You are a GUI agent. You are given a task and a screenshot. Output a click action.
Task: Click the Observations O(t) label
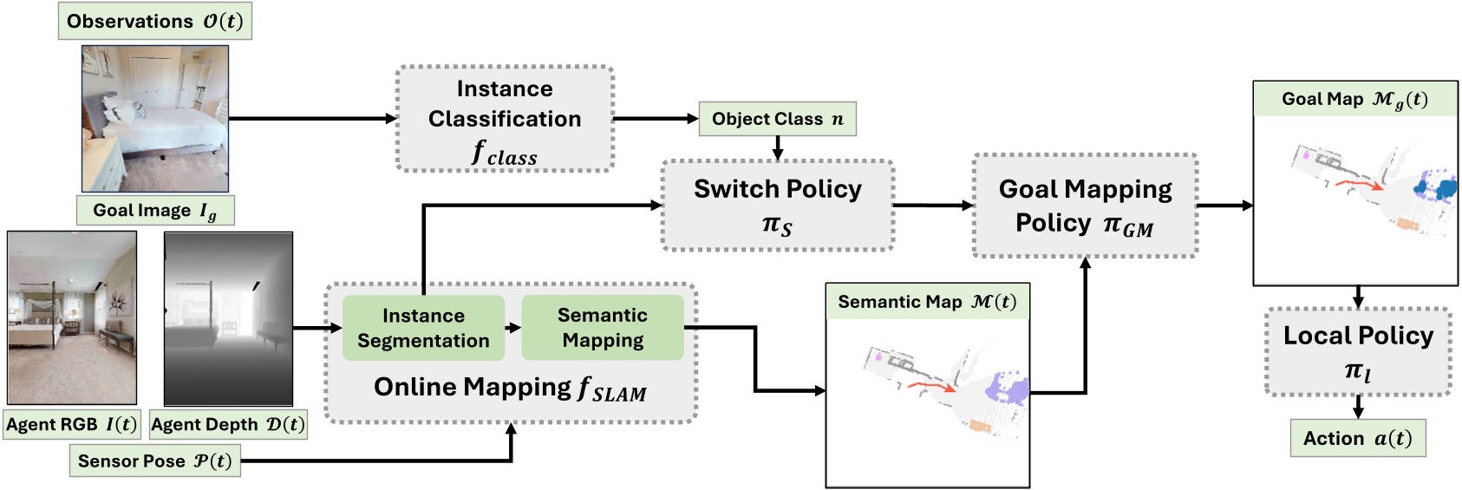click(x=155, y=22)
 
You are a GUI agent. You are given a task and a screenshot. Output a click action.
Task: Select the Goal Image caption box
click(x=155, y=211)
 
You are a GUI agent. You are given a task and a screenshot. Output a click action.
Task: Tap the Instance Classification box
click(x=505, y=120)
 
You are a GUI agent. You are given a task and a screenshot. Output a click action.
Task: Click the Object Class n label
click(x=777, y=119)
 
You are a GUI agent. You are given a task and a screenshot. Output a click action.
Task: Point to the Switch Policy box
click(x=777, y=206)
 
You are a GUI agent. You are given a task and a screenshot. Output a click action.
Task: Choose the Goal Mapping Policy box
click(x=1085, y=206)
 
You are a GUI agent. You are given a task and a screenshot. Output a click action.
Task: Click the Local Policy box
click(x=1358, y=351)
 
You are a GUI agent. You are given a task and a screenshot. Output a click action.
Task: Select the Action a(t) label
click(x=1358, y=439)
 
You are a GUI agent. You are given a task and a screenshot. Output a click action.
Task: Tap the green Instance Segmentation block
click(x=423, y=328)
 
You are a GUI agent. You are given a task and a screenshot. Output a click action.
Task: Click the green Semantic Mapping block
click(x=603, y=328)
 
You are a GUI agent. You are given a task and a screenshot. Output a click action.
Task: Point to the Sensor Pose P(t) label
click(x=155, y=461)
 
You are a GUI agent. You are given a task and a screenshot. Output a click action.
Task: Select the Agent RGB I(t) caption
click(x=71, y=425)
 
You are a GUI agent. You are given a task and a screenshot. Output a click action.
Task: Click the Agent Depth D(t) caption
click(x=228, y=425)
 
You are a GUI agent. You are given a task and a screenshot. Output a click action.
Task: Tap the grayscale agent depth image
click(x=228, y=319)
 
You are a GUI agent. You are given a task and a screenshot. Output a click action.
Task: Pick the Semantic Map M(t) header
click(x=927, y=302)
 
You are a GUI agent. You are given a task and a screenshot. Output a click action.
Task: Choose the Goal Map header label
click(x=1354, y=100)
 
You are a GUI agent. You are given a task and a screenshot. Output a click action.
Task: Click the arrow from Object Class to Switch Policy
click(x=777, y=148)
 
